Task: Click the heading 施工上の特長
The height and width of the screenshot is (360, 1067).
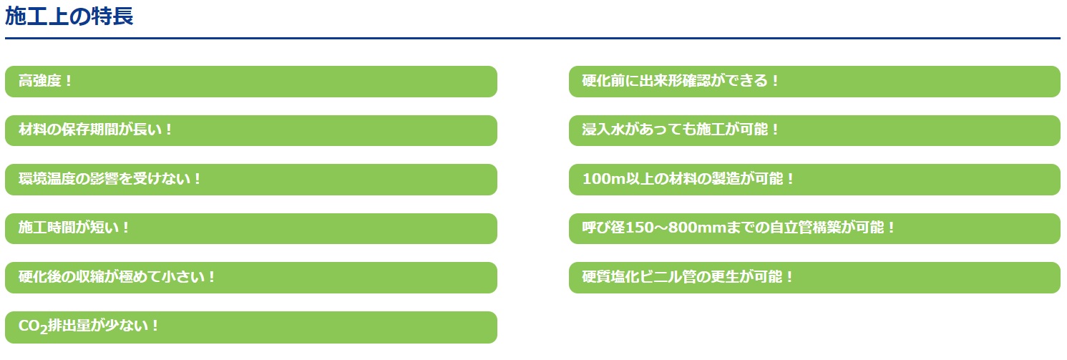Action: coord(69,16)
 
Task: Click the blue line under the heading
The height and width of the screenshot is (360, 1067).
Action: coord(532,38)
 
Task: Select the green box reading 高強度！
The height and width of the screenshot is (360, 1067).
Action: coord(251,82)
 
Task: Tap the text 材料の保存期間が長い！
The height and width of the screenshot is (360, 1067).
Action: coord(95,130)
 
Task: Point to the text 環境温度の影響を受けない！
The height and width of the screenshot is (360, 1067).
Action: coord(110,179)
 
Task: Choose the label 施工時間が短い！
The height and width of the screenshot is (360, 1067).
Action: coord(74,228)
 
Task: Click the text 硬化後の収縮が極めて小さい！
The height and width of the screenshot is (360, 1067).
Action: coord(117,277)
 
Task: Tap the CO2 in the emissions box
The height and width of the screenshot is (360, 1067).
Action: coord(33,326)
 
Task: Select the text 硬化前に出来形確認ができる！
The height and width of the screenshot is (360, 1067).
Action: coord(681,81)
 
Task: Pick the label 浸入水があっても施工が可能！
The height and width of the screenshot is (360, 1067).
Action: coord(681,130)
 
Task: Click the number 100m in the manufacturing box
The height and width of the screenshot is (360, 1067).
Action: coord(603,179)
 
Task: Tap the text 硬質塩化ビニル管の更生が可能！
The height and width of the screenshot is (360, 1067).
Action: coord(687,277)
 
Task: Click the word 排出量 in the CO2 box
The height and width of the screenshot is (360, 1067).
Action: coord(69,326)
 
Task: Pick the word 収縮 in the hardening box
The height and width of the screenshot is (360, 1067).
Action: coord(90,277)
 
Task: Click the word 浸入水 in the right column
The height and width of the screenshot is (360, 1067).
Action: coord(603,130)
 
